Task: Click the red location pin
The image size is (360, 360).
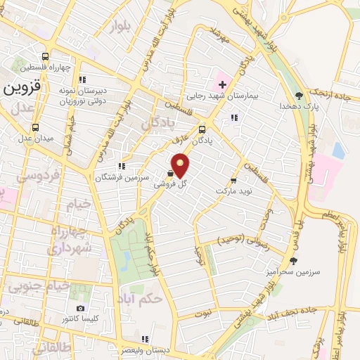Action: click(x=182, y=165)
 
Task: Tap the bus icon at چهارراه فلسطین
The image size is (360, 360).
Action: click(x=46, y=56)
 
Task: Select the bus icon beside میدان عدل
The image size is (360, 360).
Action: click(x=36, y=127)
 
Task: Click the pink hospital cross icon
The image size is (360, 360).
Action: click(x=221, y=85)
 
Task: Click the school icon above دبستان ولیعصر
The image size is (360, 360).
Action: click(x=146, y=339)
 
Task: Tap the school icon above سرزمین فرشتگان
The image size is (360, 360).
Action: click(x=122, y=167)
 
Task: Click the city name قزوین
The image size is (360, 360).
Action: click(x=22, y=89)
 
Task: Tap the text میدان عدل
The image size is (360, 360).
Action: click(x=35, y=138)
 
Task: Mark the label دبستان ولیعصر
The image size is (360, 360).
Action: click(x=145, y=349)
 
